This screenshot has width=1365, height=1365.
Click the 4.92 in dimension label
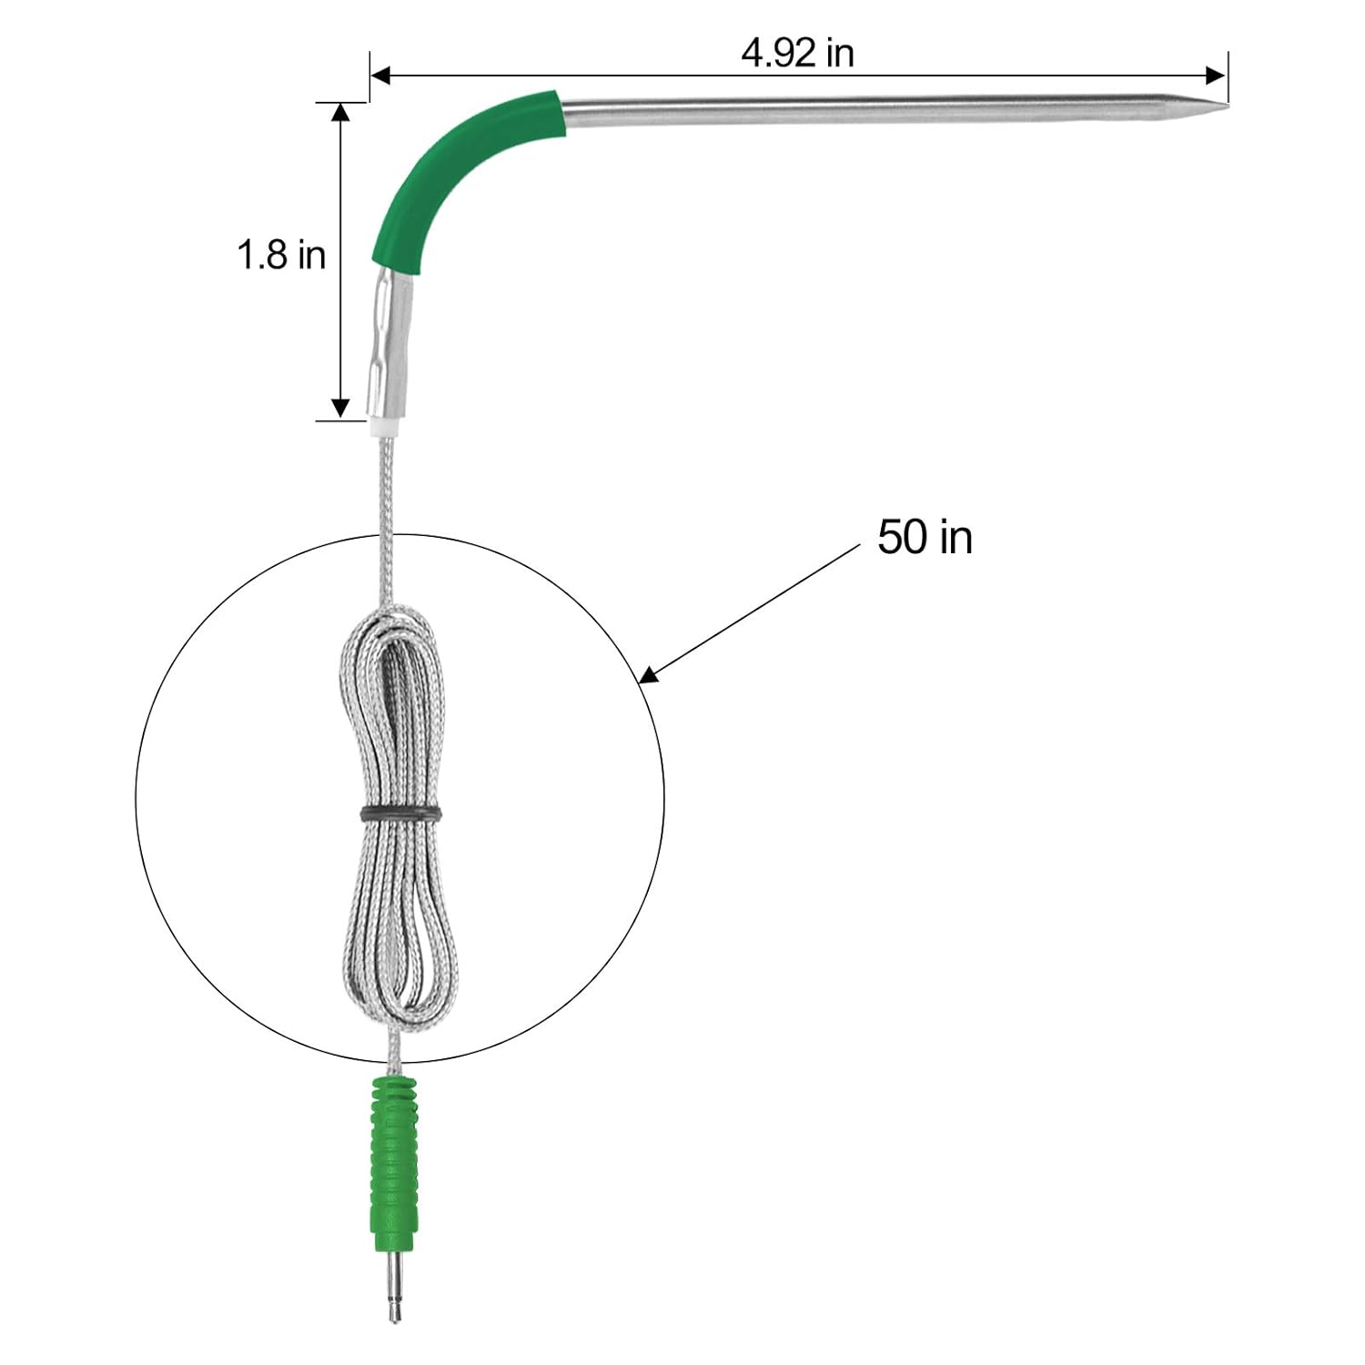click(x=797, y=54)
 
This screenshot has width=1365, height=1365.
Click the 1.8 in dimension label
click(x=281, y=255)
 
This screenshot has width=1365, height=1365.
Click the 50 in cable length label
click(x=925, y=537)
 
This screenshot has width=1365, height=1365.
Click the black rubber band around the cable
click(x=401, y=813)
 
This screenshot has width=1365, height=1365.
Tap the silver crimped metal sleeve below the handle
click(x=389, y=346)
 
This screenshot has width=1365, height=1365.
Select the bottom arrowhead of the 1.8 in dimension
click(x=340, y=407)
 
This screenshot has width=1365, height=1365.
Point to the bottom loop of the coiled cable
click(x=400, y=1010)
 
